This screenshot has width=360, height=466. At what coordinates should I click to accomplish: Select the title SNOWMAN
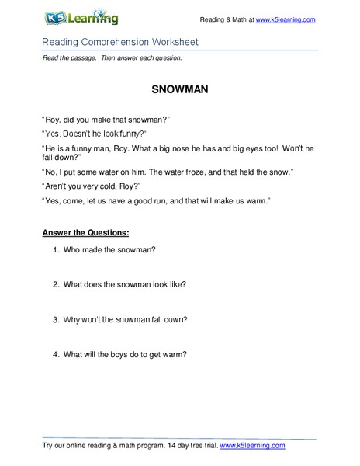pyautogui.click(x=179, y=88)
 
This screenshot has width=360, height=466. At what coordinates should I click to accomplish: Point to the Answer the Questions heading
pyautogui.click(x=85, y=232)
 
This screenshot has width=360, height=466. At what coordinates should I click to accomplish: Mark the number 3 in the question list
pyautogui.click(x=57, y=320)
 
